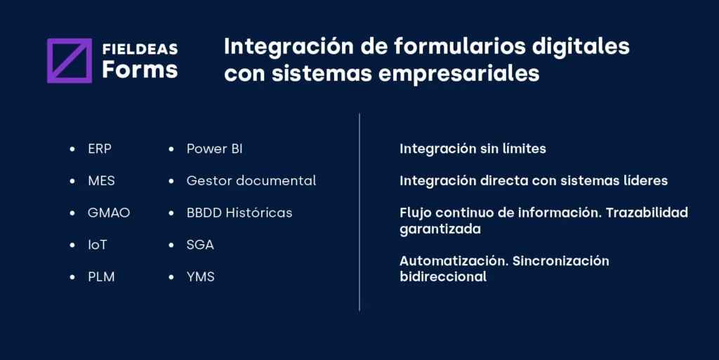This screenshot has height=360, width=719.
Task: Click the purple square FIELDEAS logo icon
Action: tap(70, 60)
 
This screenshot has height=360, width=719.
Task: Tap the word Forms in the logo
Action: tap(140, 69)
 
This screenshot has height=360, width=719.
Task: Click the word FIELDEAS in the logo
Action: tap(140, 49)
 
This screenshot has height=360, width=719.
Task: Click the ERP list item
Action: tap(100, 149)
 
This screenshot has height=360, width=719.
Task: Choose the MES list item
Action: tap(101, 181)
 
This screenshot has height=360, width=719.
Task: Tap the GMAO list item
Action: tap(109, 213)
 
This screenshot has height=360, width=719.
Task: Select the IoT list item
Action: tap(98, 245)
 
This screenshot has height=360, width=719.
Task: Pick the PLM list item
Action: tap(101, 277)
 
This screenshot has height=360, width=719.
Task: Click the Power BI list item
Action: tap(214, 149)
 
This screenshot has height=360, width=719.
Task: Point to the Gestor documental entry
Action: tap(251, 181)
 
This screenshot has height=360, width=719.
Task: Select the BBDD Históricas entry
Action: tap(239, 213)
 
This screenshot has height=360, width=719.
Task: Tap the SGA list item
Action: tap(200, 245)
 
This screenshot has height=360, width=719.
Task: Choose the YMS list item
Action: tap(200, 277)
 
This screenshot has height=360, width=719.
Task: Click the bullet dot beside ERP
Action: tap(72, 149)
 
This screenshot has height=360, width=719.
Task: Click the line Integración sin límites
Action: tap(473, 149)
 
